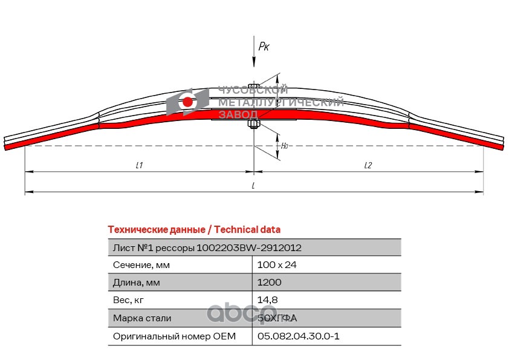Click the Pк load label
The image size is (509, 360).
[264, 46]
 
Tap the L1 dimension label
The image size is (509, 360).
[139, 165]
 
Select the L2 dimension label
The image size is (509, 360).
[368, 165]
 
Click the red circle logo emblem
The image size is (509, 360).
[188, 102]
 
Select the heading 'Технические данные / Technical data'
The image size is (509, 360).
[193, 230]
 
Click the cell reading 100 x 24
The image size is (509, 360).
[277, 265]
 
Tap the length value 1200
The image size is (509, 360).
[270, 283]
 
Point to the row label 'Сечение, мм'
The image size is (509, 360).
[141, 265]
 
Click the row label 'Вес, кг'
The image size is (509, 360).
[129, 300]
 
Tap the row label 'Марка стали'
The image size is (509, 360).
[142, 318]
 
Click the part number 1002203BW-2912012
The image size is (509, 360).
[249, 247]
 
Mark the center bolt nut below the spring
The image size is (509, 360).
[254, 125]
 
